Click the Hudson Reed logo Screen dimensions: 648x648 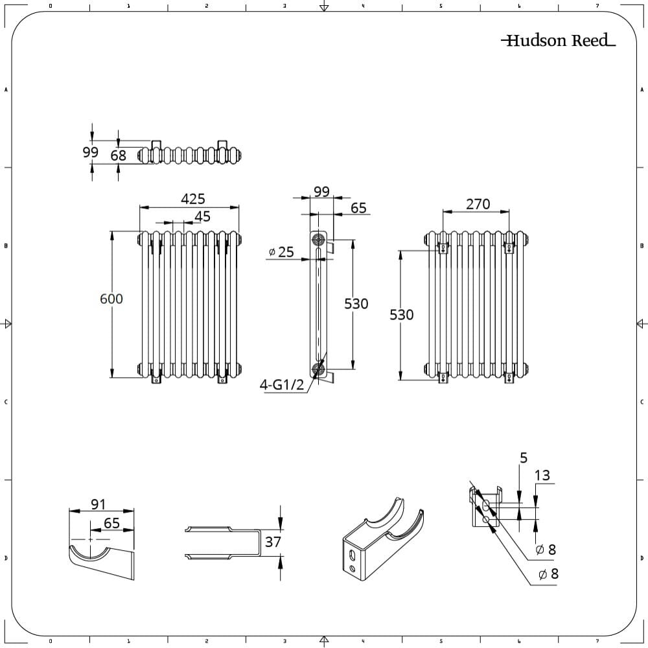558,41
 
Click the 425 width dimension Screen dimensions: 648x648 193,198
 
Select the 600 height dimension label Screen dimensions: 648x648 111,299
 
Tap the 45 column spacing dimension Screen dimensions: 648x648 203,216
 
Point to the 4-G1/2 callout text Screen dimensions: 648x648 282,384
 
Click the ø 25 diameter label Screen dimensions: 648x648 281,252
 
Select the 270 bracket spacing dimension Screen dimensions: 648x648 478,204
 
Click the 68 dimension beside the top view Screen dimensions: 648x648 119,156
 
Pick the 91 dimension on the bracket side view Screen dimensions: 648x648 98,504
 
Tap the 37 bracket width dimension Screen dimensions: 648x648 273,541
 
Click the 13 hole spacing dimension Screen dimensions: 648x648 542,476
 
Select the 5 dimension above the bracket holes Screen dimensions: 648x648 523,458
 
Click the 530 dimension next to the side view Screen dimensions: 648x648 356,303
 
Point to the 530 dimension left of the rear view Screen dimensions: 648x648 402,314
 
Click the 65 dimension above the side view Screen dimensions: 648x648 358,208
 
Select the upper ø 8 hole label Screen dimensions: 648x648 546,550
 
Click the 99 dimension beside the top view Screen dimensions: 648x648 91,152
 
